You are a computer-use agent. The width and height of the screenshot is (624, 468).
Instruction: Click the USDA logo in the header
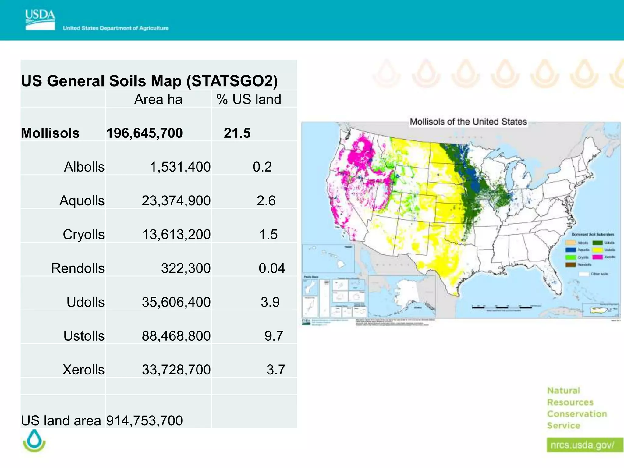[x=40, y=20]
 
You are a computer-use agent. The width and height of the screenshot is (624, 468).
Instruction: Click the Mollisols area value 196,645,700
[x=144, y=133]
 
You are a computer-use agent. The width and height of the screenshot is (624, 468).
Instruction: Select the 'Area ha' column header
[x=158, y=99]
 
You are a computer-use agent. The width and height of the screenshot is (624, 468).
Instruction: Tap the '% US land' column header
[x=249, y=99]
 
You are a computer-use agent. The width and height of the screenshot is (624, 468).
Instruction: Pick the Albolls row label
[x=84, y=167]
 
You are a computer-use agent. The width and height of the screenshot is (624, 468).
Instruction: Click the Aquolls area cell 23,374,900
[x=176, y=201]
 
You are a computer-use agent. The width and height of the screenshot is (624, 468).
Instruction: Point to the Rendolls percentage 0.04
[x=271, y=268]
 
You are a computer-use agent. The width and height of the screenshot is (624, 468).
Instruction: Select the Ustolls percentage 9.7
[x=274, y=336]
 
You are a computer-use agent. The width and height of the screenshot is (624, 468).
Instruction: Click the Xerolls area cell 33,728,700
[x=176, y=370]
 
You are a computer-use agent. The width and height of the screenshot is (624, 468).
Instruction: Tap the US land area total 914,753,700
[x=144, y=421]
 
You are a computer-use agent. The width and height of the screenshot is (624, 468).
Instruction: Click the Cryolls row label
[x=83, y=235]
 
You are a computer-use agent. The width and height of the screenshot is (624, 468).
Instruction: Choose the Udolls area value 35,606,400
[x=176, y=302]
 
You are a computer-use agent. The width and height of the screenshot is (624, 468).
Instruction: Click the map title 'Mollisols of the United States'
[x=468, y=122]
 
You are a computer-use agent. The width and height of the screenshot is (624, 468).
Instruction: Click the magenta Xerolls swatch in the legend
[x=597, y=257]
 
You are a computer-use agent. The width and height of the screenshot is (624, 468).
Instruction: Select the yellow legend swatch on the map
[x=597, y=250]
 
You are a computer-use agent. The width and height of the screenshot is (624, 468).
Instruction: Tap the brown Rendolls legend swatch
[x=570, y=264]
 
